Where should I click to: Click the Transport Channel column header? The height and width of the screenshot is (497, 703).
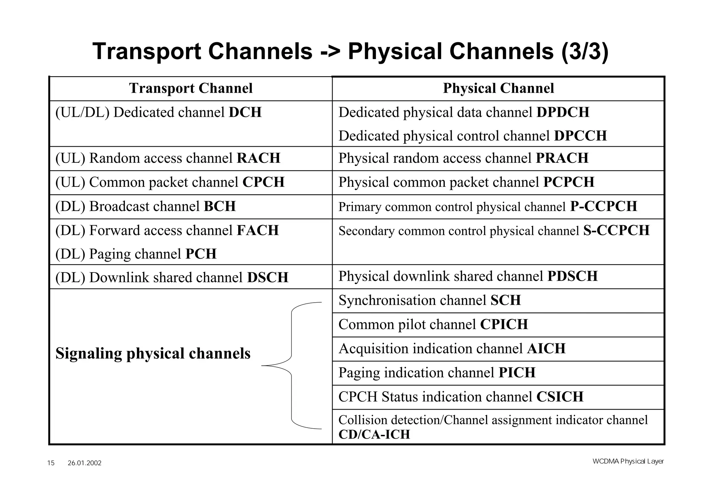click(x=191, y=88)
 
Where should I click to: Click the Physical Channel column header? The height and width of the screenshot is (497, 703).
click(x=498, y=88)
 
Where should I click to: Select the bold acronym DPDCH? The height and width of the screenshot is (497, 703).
click(x=563, y=112)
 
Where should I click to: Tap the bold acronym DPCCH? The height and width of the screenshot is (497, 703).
click(x=580, y=136)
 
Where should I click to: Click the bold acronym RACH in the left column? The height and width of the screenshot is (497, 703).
click(x=258, y=158)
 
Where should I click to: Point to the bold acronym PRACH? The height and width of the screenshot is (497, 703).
click(x=562, y=158)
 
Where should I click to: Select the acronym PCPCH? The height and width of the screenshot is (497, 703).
click(x=568, y=182)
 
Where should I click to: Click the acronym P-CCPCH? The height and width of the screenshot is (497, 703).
click(x=603, y=206)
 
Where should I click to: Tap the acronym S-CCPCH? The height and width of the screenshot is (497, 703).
click(x=616, y=230)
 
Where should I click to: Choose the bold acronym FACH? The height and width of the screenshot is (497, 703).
click(x=258, y=230)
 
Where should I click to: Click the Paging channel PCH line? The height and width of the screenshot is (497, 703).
click(x=136, y=254)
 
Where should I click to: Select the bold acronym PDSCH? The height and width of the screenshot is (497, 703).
click(x=572, y=276)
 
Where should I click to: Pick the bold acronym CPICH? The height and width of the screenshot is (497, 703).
click(x=504, y=324)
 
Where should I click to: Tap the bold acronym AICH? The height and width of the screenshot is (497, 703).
click(x=546, y=349)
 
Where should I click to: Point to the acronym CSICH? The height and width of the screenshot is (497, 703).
click(x=560, y=397)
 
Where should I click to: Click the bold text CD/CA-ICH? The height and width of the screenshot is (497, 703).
click(x=374, y=434)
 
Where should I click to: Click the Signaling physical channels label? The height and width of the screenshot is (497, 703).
click(x=153, y=353)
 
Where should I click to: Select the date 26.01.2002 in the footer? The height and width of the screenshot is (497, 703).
click(x=84, y=463)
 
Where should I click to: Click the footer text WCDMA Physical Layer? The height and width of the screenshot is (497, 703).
click(x=628, y=461)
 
